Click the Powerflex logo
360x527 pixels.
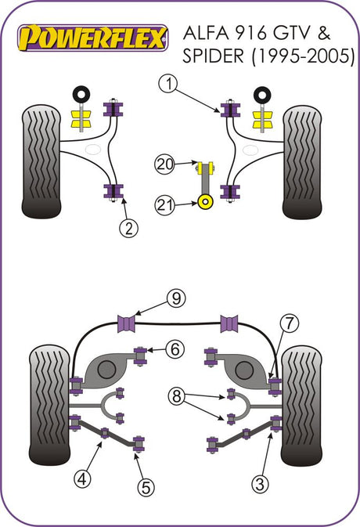92,38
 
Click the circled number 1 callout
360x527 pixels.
169,84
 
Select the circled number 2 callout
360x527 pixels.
128,229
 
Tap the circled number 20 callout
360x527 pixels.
164,164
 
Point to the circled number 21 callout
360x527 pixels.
164,204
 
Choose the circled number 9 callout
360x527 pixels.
176,298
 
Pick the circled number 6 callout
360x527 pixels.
175,349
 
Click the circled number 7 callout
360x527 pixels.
289,323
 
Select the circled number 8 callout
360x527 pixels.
177,396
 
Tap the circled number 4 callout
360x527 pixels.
83,478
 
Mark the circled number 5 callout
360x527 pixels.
146,486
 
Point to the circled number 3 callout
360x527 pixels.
260,484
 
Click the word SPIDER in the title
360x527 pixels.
213,56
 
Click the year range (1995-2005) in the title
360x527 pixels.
303,56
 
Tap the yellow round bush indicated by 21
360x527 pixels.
206,202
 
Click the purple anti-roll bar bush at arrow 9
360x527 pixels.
127,323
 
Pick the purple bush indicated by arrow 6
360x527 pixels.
140,356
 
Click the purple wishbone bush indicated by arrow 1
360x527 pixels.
230,110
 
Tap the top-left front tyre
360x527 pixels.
41,161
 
